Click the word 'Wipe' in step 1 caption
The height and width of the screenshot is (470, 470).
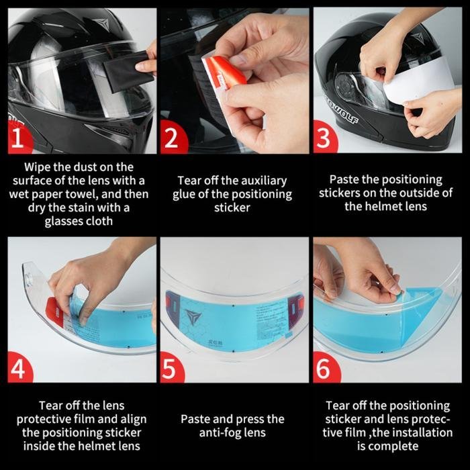point(38,167)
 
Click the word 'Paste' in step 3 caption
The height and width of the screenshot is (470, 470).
point(346,179)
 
